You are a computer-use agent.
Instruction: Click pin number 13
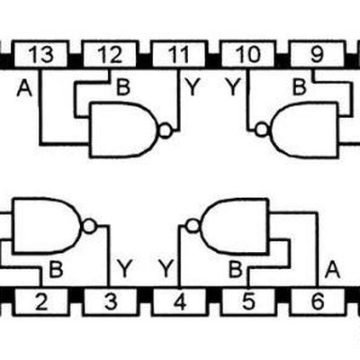tap(40, 54)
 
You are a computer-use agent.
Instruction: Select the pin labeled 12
tap(110, 54)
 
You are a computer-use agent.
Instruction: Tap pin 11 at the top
tap(179, 54)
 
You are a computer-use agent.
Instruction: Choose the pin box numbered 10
tap(248, 54)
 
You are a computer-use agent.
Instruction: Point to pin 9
tap(317, 54)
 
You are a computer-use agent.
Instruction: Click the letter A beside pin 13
tap(24, 88)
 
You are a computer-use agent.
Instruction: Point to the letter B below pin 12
tap(123, 87)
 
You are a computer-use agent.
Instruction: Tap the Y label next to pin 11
tap(193, 87)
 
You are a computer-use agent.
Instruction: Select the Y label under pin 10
tap(233, 87)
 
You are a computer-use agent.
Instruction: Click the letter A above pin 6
tap(332, 269)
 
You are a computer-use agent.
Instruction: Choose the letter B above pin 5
tap(235, 269)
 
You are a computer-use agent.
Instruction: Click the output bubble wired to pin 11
tap(166, 130)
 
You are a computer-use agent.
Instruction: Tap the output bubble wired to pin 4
tap(193, 226)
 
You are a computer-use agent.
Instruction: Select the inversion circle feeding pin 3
tap(89, 227)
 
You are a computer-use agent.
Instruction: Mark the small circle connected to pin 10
tap(262, 130)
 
